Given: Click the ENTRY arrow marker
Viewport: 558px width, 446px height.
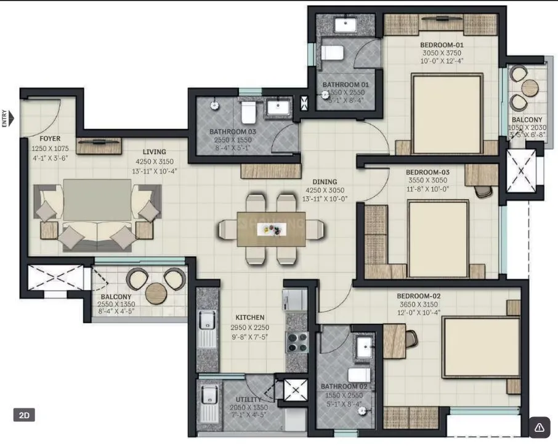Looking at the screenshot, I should [9, 117].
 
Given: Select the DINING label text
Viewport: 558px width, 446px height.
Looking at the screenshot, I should [325, 182].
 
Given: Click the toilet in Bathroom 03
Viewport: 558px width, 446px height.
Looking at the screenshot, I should [249, 112].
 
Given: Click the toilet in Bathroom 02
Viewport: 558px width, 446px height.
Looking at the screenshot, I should [358, 374].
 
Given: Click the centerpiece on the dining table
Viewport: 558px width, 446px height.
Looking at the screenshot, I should [272, 228].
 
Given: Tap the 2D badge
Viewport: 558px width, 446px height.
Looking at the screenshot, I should [24, 415].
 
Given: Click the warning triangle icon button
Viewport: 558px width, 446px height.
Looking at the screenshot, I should [540, 427].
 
